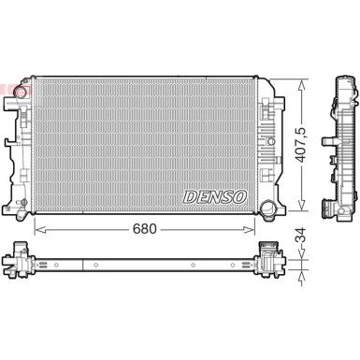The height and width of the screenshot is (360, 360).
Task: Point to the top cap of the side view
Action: [343, 83]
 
